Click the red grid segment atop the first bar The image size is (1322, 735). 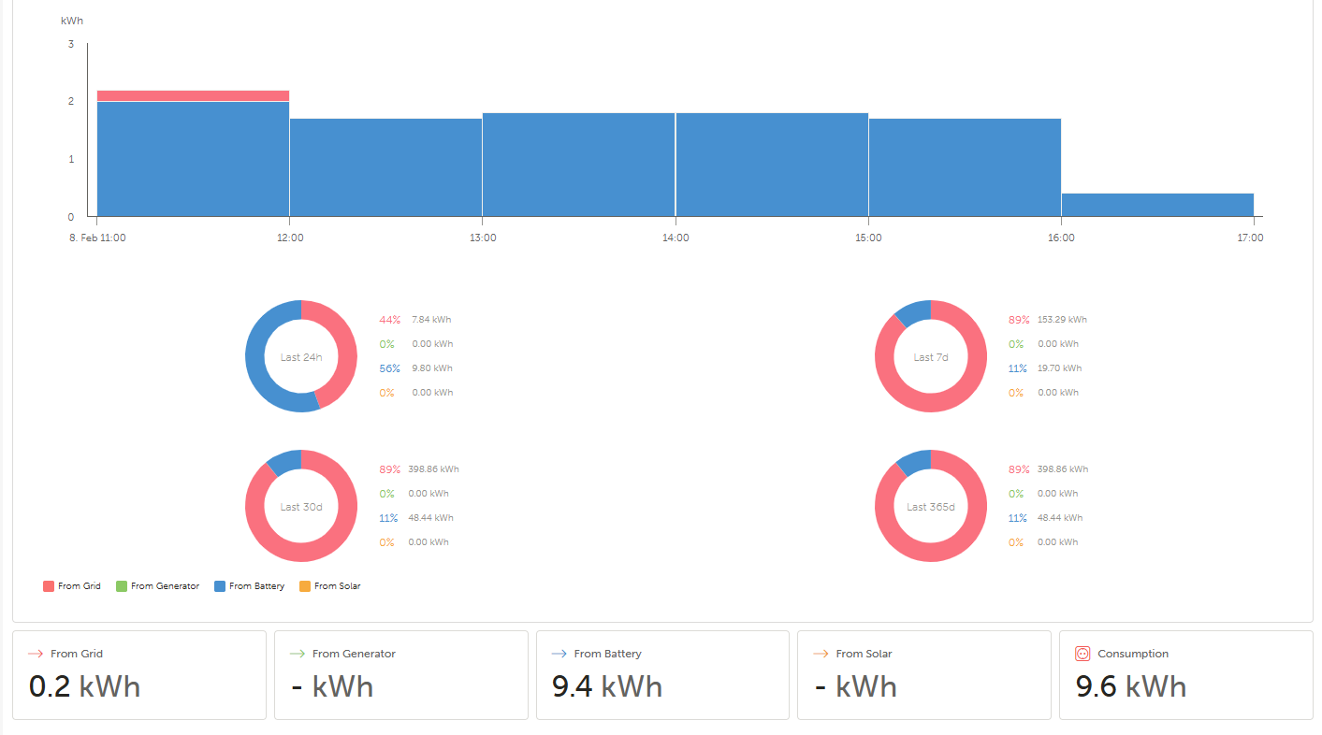[193, 95]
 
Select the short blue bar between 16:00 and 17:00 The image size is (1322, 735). [1157, 205]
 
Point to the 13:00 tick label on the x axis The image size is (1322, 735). [483, 238]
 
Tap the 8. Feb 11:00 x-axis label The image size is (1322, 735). [97, 238]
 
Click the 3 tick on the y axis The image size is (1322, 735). [71, 44]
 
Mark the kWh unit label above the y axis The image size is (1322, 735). [72, 21]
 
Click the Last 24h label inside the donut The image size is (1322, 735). [301, 357]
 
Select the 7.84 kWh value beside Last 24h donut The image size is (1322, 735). [431, 320]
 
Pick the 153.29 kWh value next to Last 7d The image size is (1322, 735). [1062, 320]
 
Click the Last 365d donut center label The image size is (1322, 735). [931, 507]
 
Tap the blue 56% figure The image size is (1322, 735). [389, 368]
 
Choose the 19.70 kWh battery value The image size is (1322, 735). [1059, 368]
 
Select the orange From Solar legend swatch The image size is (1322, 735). [304, 586]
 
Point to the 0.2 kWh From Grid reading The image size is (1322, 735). [85, 687]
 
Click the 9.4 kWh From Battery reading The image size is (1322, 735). [607, 687]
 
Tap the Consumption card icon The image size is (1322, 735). [1083, 654]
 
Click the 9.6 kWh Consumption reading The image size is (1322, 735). [1130, 687]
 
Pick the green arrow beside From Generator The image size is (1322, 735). [298, 654]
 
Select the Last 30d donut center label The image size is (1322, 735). [301, 507]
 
